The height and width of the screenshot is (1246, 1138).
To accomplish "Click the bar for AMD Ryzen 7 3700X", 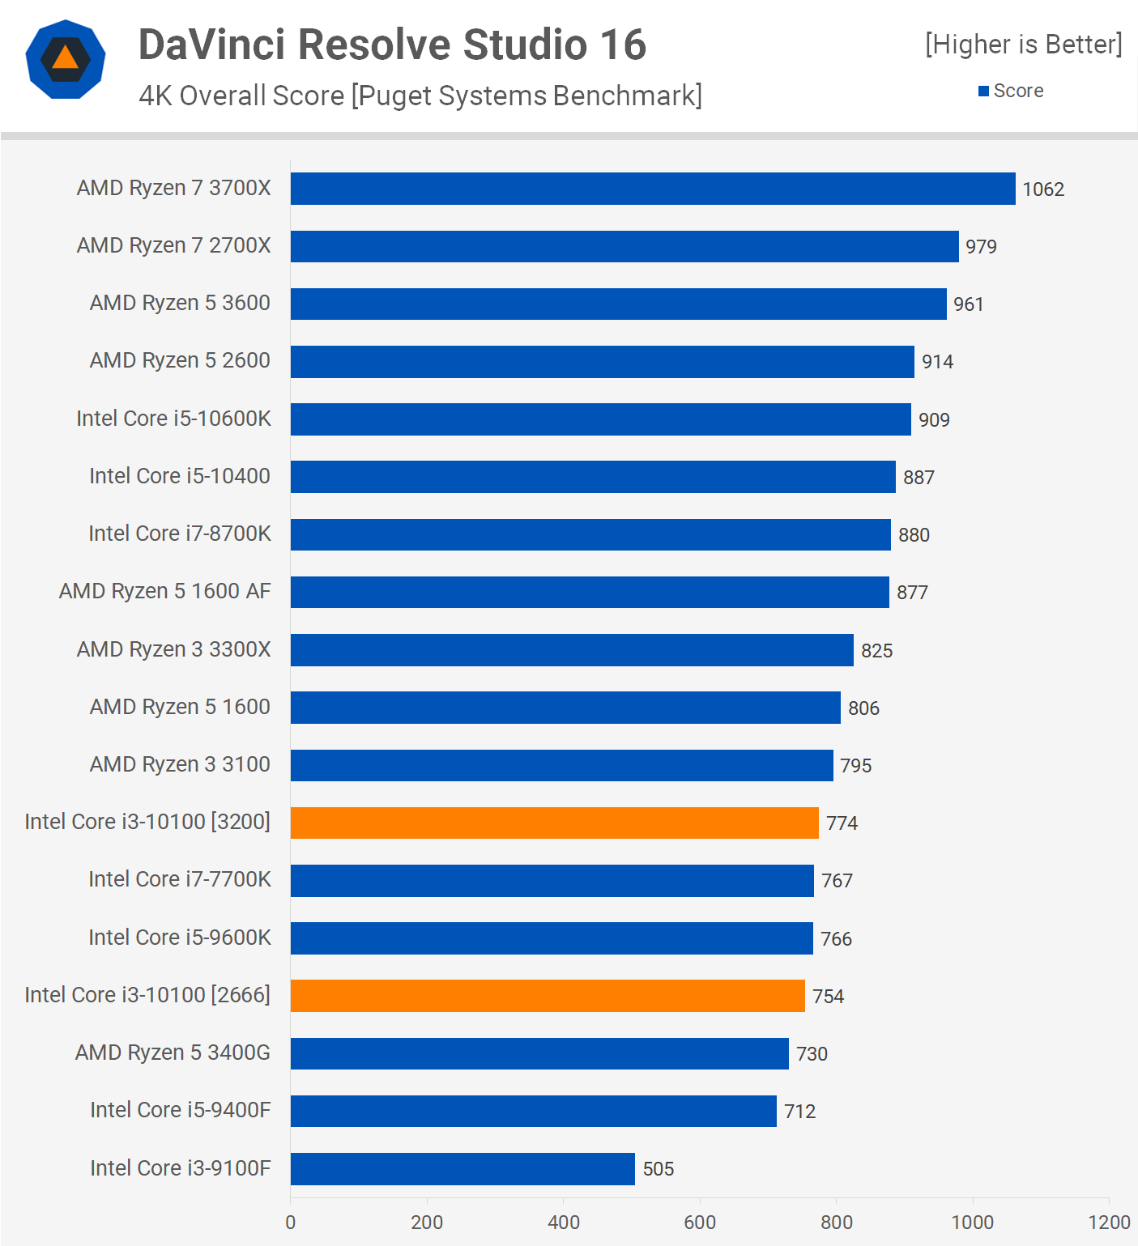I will click(653, 189).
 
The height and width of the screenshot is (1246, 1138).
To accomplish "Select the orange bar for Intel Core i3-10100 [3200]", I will click(554, 823).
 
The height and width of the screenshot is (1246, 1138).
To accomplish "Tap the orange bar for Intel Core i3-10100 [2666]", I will click(548, 996).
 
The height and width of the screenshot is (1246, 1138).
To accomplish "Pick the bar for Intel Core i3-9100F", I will click(462, 1168).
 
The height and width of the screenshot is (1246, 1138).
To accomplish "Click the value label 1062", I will click(1043, 189).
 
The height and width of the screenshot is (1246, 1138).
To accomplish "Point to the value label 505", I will click(659, 1169).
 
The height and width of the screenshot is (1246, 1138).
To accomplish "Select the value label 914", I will click(937, 362).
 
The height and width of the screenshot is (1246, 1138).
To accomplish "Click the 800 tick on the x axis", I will click(836, 1222).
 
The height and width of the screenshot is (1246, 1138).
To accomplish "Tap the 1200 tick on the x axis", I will click(1109, 1222).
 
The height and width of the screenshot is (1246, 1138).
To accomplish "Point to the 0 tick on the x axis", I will click(291, 1222).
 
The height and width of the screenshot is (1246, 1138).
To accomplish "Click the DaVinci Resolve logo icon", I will click(66, 60).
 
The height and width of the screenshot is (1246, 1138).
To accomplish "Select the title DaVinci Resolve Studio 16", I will click(392, 45).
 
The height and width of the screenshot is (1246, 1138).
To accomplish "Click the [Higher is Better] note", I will click(1024, 45).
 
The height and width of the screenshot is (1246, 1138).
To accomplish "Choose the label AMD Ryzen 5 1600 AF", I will click(164, 591).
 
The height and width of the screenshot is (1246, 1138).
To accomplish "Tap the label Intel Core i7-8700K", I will click(180, 534).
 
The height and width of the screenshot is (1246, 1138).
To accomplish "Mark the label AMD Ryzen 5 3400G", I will click(173, 1053).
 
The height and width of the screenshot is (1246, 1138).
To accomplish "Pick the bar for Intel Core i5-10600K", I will click(601, 419).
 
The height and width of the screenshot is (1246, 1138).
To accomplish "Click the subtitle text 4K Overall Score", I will click(241, 96).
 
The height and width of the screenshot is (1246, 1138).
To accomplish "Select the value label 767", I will click(837, 881).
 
